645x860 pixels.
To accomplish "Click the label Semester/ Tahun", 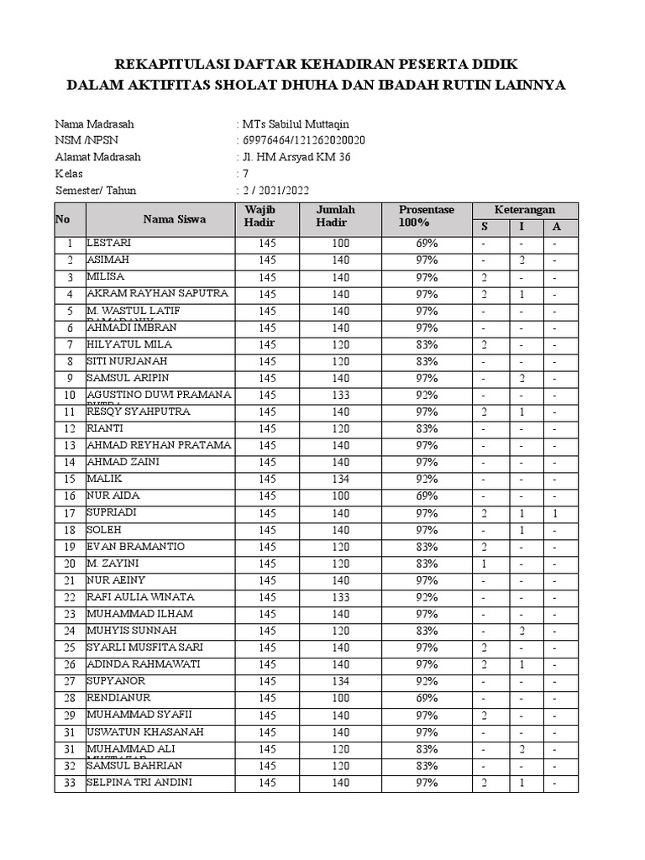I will coord(96,191).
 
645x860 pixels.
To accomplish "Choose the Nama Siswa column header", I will coord(174,219).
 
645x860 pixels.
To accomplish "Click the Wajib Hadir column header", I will coord(259,216).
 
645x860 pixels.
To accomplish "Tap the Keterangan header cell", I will coord(524,209).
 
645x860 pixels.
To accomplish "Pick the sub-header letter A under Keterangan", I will coord(556,227).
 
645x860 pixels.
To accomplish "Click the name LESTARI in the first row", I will coord(109,243).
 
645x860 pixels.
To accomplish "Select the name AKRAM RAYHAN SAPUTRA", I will coord(157,293).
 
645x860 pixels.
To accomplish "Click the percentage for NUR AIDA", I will coord(426,496).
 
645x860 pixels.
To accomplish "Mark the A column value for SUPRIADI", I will coord(555,512).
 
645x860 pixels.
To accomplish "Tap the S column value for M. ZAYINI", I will coord(485,564).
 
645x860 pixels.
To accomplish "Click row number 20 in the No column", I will coord(70,564).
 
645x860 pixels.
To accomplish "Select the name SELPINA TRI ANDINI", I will coord(140,783).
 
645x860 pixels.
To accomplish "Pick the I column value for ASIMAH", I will coord(522,260).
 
